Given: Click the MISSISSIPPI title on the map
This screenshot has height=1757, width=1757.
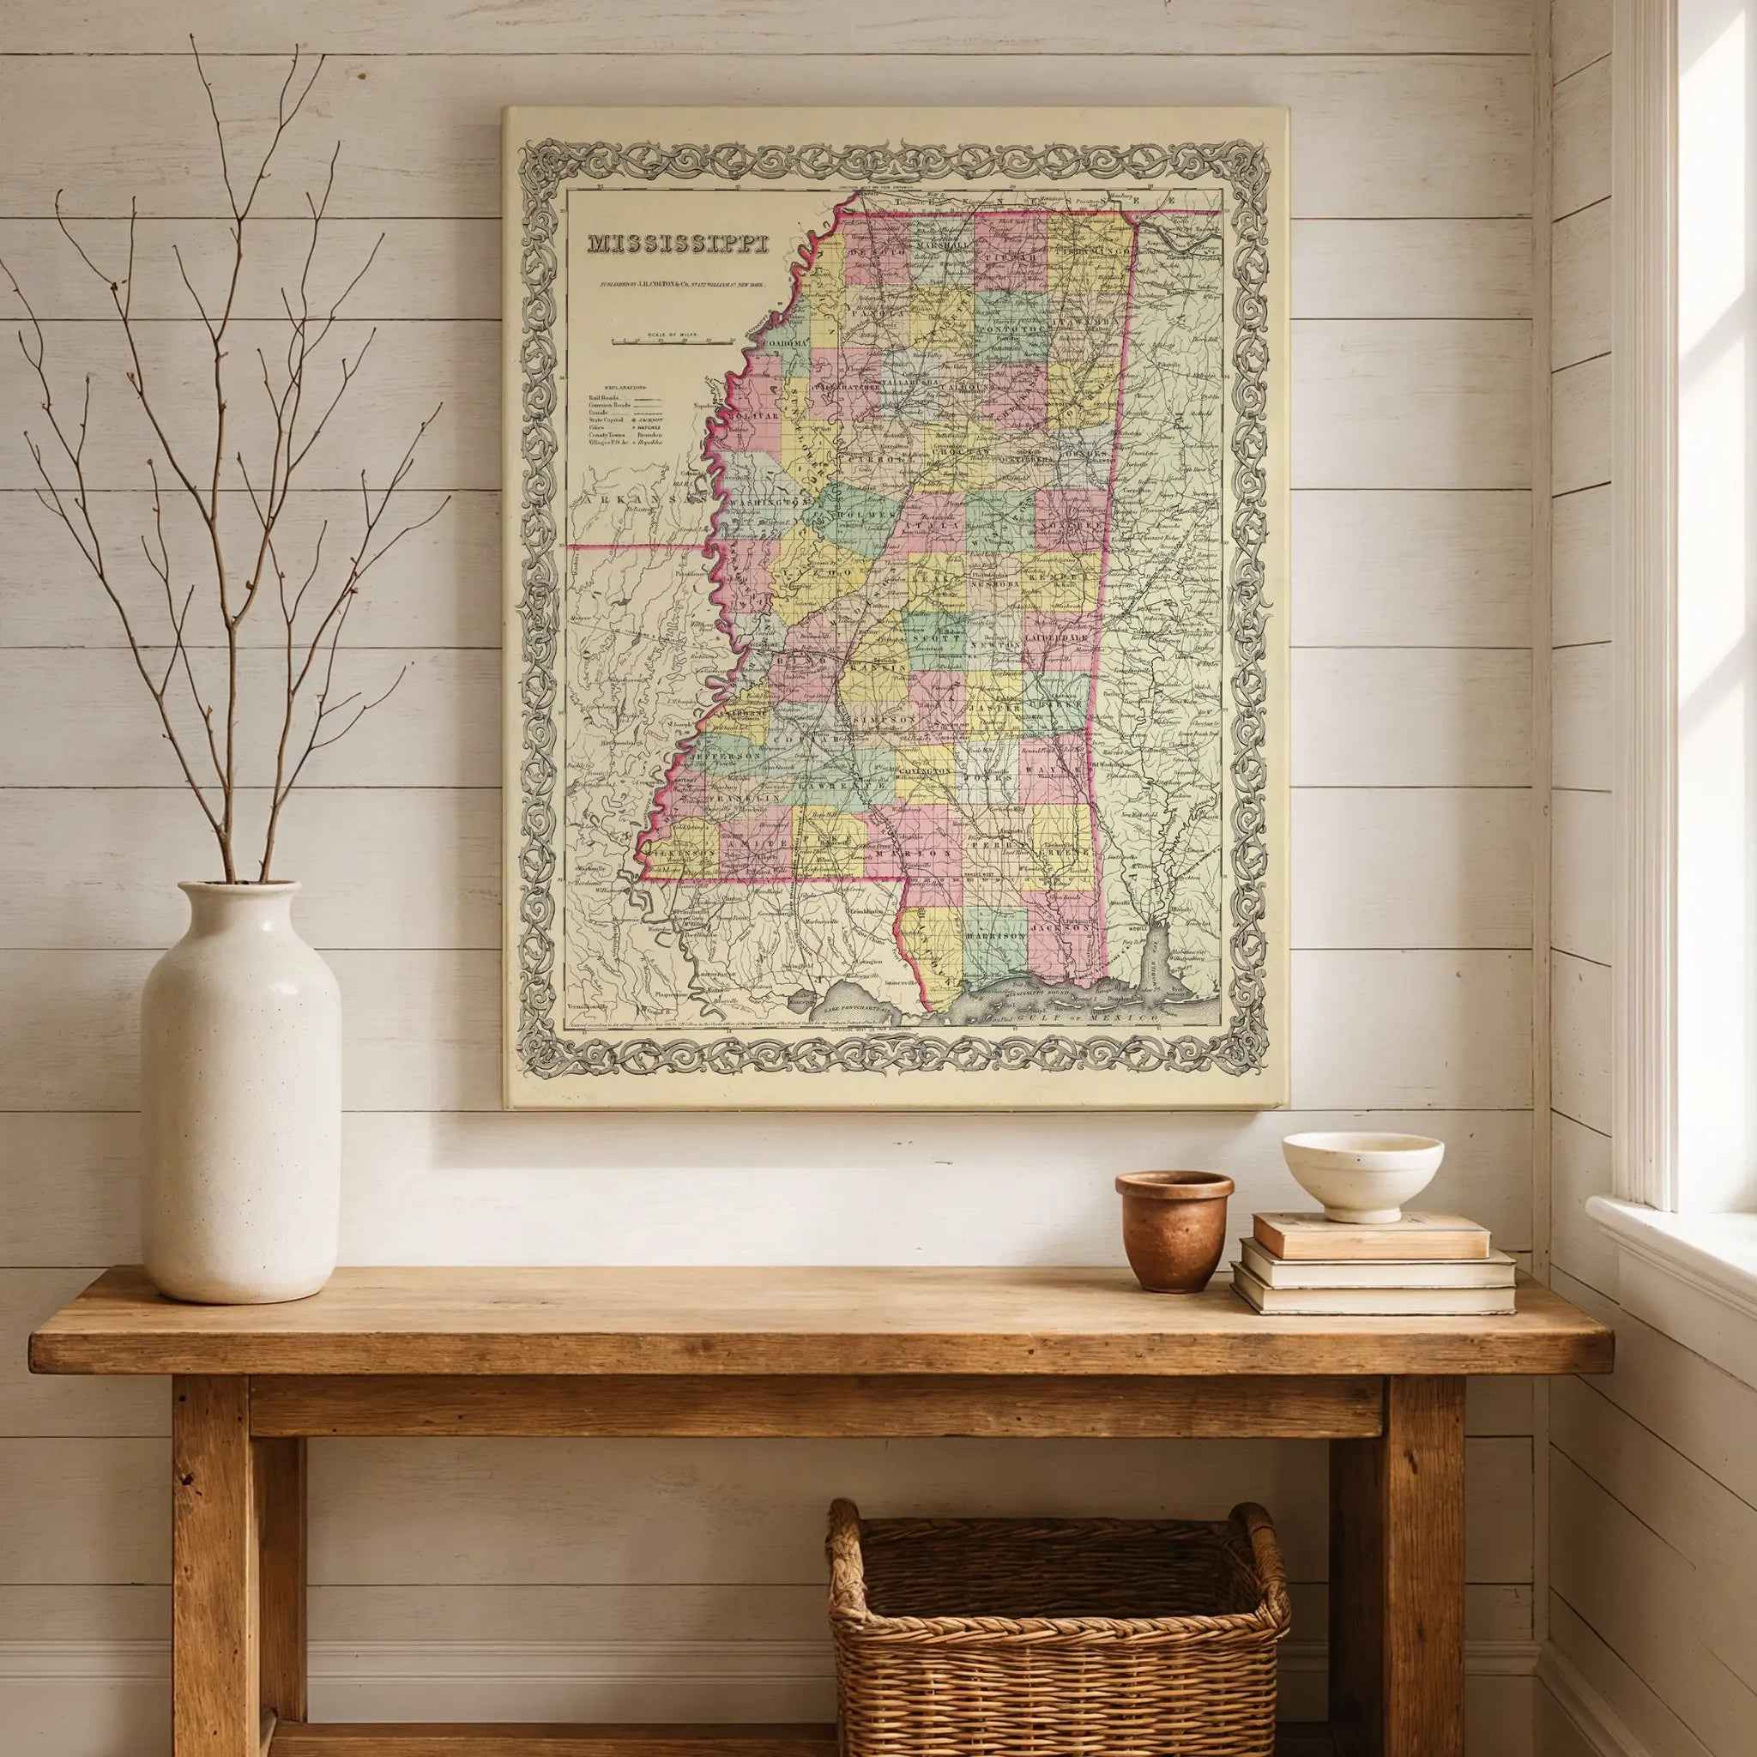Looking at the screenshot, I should (x=678, y=245).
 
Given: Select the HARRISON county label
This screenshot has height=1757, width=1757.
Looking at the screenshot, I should (x=995, y=936).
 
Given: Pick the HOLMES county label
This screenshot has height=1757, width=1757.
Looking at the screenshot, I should (x=853, y=521).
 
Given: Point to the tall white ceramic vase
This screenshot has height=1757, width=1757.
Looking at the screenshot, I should (x=241, y=1090).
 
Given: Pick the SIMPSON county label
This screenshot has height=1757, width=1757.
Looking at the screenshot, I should (x=881, y=718).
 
